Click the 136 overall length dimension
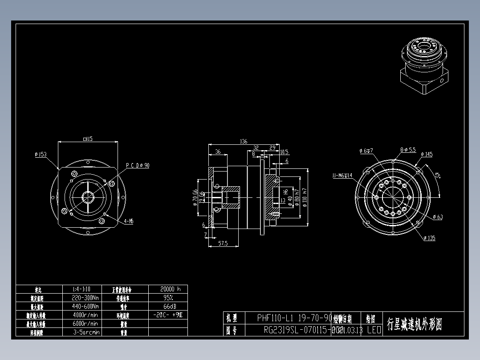point(243,142)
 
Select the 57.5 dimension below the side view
point(223,243)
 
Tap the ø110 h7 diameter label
point(305,200)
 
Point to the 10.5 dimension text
point(284,152)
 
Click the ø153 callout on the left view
point(41,155)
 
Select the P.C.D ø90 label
point(138,165)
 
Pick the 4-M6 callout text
point(129,221)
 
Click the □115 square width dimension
point(88,139)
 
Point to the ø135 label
point(429,238)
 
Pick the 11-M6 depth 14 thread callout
point(342,176)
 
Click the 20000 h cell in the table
point(168,289)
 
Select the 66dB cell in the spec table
point(168,307)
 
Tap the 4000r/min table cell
point(85,315)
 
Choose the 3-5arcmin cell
point(85,332)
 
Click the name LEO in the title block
point(374,330)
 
